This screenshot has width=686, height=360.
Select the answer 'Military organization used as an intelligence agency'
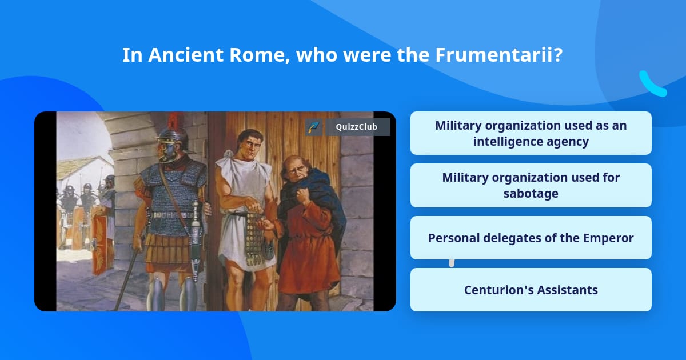tap(531, 133)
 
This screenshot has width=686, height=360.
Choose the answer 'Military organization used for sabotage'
tap(531, 186)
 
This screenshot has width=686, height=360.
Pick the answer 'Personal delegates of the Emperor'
tap(531, 238)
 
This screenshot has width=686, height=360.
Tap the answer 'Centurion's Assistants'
tap(531, 290)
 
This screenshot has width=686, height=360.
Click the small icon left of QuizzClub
tap(314, 127)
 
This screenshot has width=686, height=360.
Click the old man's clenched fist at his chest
tap(301, 196)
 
